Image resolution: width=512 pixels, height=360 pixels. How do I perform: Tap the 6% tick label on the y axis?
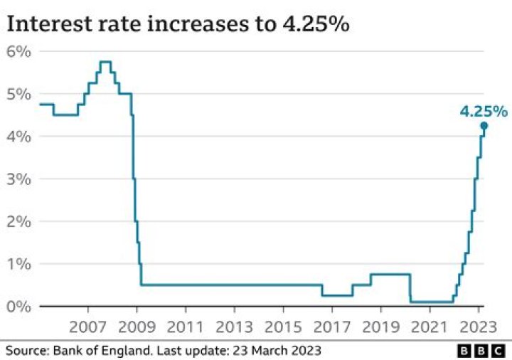click(x=19, y=51)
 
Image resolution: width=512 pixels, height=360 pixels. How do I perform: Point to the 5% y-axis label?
click(x=19, y=94)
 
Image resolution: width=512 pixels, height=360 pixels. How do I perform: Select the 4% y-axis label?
click(x=19, y=136)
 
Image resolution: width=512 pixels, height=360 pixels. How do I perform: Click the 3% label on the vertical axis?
click(x=19, y=179)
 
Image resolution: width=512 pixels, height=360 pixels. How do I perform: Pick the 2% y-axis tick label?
click(x=19, y=221)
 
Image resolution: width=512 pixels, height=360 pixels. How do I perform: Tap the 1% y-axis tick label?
click(x=19, y=264)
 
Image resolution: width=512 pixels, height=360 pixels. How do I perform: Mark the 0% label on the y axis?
click(x=19, y=307)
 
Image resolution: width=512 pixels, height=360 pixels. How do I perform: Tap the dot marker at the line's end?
click(x=484, y=126)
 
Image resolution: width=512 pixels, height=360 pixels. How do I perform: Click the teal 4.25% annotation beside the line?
click(x=484, y=111)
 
